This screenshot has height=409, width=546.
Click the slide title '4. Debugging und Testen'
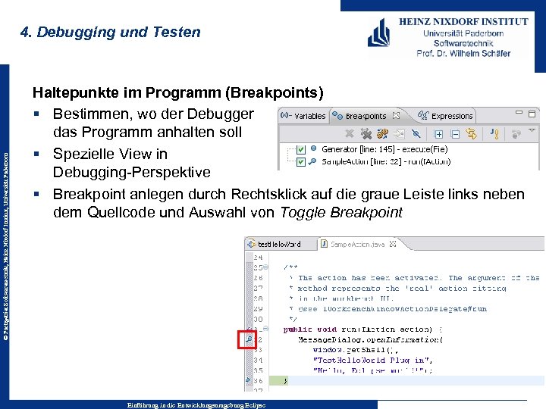coord(111,33)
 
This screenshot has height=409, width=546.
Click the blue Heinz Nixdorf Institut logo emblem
coord(381,33)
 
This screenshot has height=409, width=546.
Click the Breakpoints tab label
coord(366,117)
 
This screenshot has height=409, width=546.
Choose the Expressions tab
coord(451,117)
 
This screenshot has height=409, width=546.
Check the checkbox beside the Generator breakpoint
coord(302,150)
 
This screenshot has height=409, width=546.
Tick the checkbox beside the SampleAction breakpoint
coord(302,161)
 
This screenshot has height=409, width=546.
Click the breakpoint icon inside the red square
coord(248,339)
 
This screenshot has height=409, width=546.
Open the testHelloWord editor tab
coord(278,245)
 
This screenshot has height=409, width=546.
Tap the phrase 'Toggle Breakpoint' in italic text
coord(341,212)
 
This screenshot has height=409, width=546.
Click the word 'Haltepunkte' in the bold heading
coord(71,93)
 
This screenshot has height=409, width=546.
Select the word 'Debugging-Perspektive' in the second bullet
coord(131,172)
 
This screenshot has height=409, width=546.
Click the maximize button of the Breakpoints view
coord(534,116)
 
